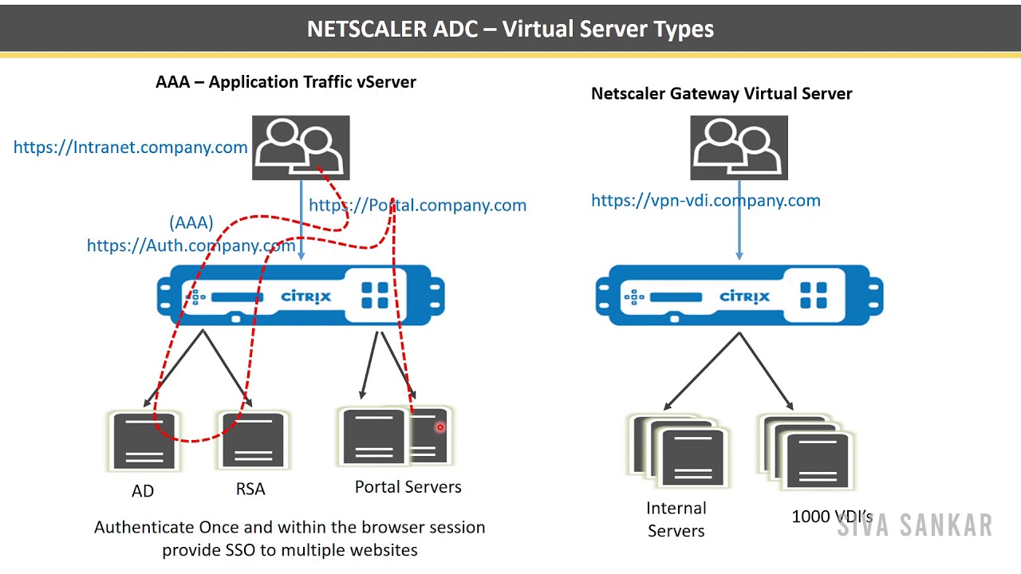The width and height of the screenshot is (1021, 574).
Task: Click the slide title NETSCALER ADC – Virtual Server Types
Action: pos(510,29)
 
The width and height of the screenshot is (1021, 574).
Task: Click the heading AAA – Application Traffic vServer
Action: pos(286,82)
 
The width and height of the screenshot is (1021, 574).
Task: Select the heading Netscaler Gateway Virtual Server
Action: pos(721,93)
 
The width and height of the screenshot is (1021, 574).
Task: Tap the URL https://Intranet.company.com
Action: pos(130,147)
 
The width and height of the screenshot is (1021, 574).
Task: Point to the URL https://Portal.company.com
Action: pos(417,205)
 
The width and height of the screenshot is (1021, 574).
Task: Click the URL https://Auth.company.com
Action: pos(191,246)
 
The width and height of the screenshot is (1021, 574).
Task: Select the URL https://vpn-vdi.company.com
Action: pos(705,200)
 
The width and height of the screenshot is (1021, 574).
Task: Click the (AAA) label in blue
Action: pos(191,222)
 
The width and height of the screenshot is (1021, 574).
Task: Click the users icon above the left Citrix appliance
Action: pos(301,147)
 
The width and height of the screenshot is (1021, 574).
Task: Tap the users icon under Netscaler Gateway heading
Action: pos(739,147)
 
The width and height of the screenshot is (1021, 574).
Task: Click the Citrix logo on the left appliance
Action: pos(306,297)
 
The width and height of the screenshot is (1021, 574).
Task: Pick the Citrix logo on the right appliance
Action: pos(744,297)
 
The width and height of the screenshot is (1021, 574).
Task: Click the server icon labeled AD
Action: pos(144,441)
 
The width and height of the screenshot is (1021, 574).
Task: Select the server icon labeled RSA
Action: pos(252,441)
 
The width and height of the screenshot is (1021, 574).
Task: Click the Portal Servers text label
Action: pos(408,486)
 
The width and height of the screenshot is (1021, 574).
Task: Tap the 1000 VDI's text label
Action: pos(831,517)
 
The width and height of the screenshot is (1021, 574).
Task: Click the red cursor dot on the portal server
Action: pos(440,428)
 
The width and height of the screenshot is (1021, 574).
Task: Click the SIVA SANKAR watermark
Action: pos(914,526)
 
